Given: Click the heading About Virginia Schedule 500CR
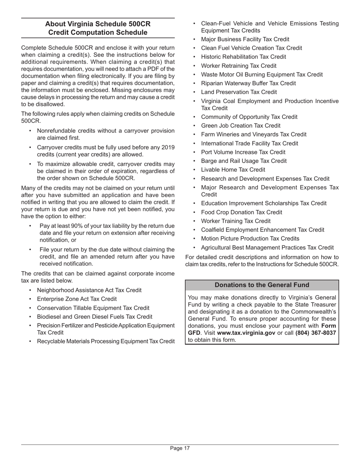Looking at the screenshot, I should coord(98,24).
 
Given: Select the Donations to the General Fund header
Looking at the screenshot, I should coord(262,285).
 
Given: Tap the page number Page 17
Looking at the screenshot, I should coord(180,448).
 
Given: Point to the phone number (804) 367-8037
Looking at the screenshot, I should coord(315,333).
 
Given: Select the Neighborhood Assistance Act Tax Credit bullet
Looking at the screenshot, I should coord(89,290).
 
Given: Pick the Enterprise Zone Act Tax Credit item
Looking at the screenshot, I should coord(77,299).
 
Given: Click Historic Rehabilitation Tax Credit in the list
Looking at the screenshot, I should coord(243,57).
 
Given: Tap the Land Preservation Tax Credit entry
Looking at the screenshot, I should coord(239,92).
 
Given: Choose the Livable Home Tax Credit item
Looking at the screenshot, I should coord(233,170).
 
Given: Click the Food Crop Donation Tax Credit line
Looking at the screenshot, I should coord(241,212).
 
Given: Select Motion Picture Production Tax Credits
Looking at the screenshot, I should coord(250,238).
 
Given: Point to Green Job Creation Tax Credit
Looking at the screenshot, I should coord(241,125).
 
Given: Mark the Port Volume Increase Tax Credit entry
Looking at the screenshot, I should coord(243,152).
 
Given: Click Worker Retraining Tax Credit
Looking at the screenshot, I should coord(239,66).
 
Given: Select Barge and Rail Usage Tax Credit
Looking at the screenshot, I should coord(244,161).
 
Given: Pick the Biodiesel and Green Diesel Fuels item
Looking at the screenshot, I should coord(94,317).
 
